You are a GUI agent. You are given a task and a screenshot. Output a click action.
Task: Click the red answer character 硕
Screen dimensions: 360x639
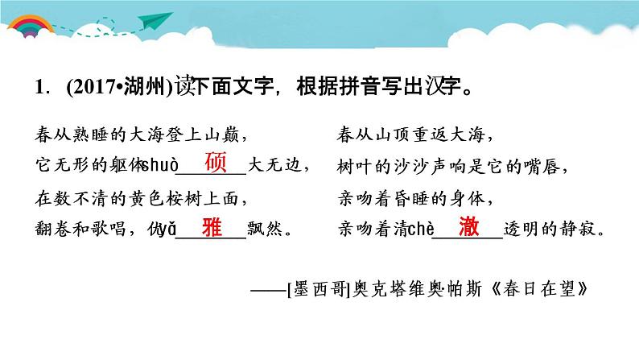point(216,163)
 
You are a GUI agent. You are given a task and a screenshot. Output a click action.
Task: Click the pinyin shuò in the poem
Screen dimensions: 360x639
point(157,167)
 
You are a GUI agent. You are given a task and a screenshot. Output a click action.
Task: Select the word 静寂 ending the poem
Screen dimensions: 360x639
point(584,230)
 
